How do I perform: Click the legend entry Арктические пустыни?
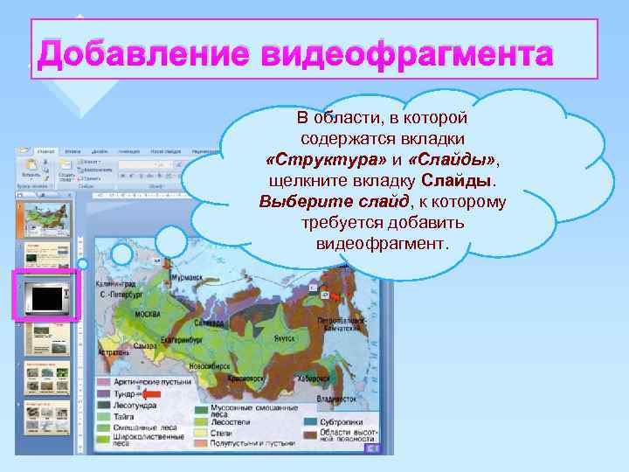pyautogui.click(x=141, y=382)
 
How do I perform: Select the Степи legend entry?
pyautogui.click(x=224, y=431)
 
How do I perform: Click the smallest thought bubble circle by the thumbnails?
pyautogui.click(x=83, y=264)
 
